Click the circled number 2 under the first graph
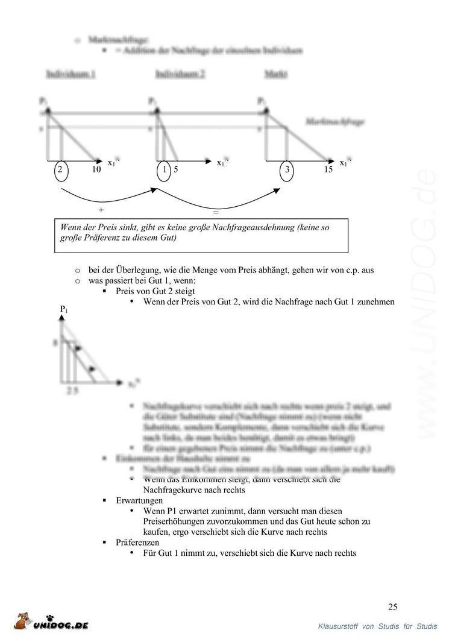[x=60, y=170]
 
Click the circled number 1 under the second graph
[x=164, y=170]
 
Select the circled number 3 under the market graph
[x=287, y=170]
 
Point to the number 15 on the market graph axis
[x=328, y=170]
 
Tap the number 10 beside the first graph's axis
[x=96, y=170]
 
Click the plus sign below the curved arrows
[x=101, y=210]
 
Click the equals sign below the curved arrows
[x=215, y=212]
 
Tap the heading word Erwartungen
[x=139, y=500]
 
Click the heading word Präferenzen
[x=137, y=543]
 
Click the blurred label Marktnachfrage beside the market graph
[x=335, y=121]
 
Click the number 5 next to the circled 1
[x=176, y=170]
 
